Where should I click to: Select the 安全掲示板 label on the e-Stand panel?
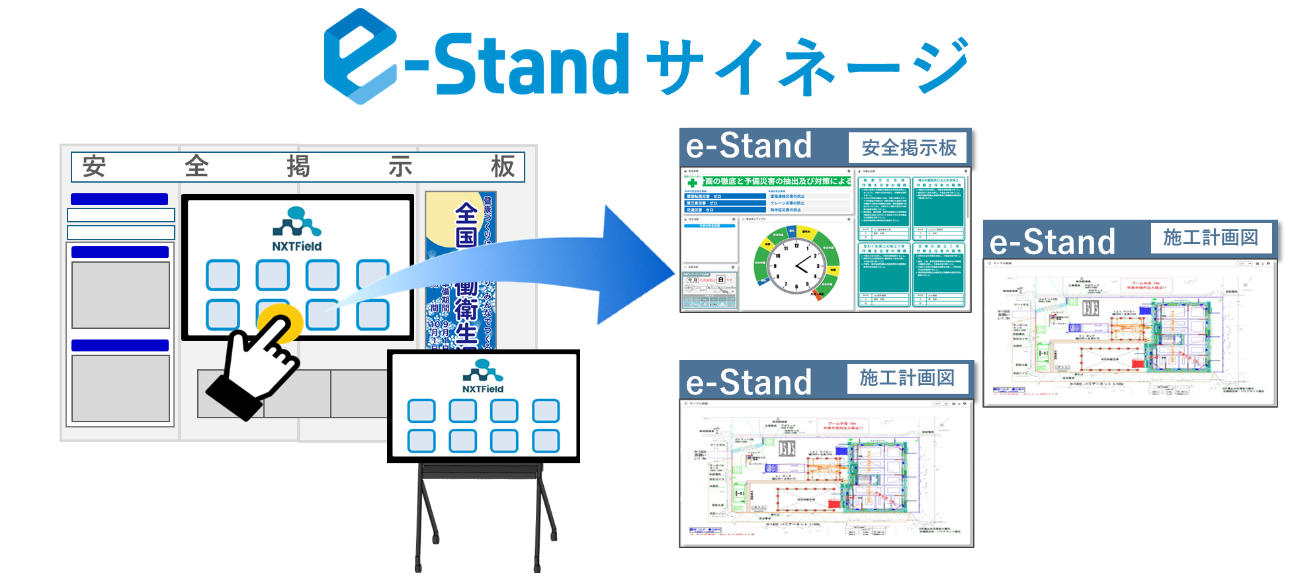(909, 148)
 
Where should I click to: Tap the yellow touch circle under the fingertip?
(280, 323)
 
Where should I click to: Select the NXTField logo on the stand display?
(483, 377)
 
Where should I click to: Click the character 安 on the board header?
(94, 166)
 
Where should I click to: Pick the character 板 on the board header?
(503, 166)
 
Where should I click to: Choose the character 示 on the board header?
(400, 166)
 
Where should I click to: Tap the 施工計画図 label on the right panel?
(1211, 238)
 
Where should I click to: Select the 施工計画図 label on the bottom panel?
(907, 378)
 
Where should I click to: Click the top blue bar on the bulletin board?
(119, 199)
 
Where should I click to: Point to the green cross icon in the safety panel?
(692, 183)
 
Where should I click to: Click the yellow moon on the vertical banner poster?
(442, 218)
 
